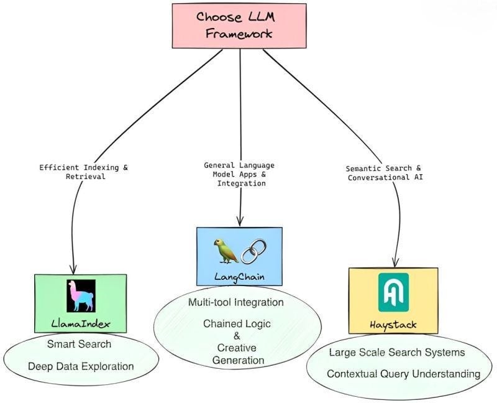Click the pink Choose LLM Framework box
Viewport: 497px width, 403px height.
[239, 25]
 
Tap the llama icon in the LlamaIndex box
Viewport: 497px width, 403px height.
[81, 295]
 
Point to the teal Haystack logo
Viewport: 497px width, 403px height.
[393, 292]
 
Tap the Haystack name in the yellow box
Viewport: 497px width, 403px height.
[393, 324]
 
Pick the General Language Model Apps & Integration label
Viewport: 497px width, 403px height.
[239, 175]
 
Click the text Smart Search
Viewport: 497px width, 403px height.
[79, 344]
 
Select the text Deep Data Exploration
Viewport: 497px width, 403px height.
[81, 366]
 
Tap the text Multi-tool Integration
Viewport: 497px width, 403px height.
[236, 302]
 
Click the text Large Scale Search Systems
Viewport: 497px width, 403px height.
[397, 353]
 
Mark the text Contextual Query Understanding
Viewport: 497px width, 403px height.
[403, 374]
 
